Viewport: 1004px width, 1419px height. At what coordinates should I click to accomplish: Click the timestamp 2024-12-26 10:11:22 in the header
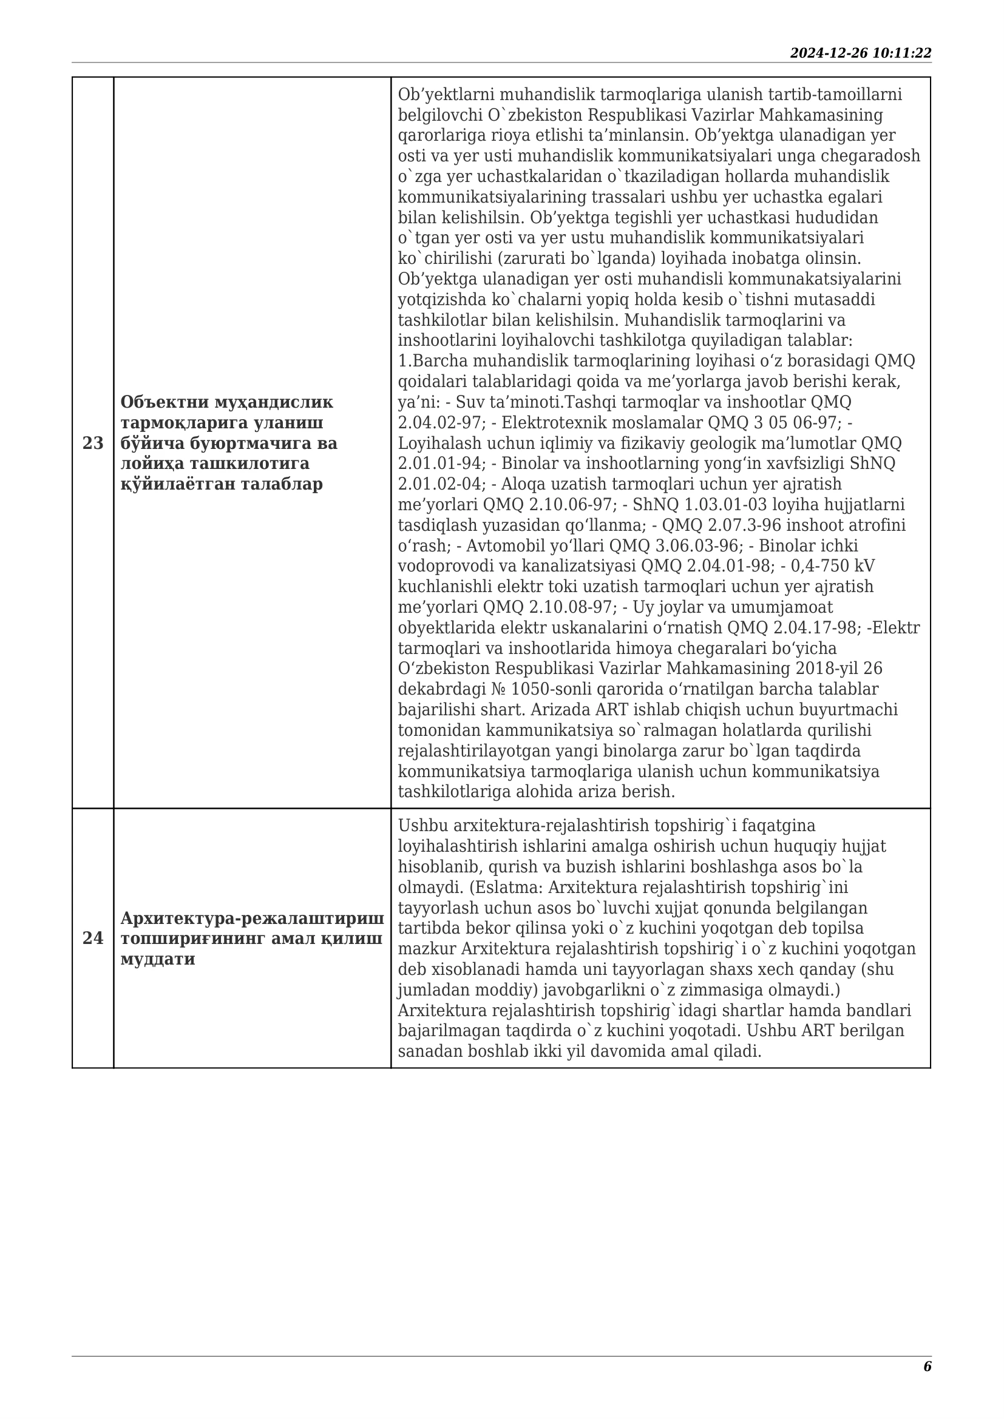click(x=861, y=53)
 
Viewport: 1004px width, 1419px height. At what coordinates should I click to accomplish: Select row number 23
click(x=93, y=443)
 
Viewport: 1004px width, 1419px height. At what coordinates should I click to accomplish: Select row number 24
click(x=93, y=938)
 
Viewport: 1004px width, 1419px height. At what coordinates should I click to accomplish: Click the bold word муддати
click(x=158, y=959)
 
